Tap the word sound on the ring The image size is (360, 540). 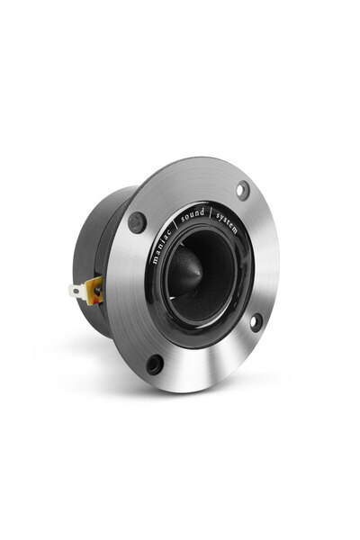[x=192, y=214]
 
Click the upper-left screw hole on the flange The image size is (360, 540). [x=138, y=221]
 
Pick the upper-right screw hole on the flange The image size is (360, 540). [x=242, y=190]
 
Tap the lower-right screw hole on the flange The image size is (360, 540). [x=255, y=320]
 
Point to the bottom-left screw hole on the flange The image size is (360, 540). [x=155, y=364]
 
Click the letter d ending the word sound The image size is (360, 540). [x=202, y=211]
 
